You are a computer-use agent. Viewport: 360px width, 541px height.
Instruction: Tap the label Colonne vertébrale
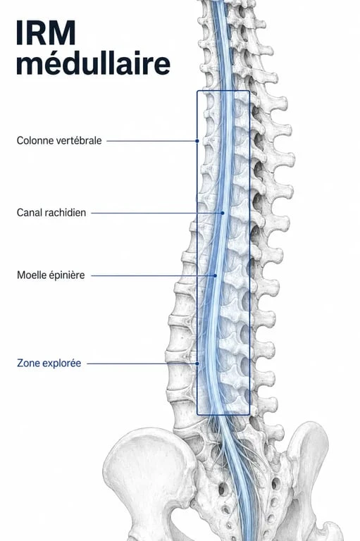coord(59,140)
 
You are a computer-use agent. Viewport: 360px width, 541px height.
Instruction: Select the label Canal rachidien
coord(51,213)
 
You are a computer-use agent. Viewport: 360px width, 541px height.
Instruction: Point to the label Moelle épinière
coord(51,275)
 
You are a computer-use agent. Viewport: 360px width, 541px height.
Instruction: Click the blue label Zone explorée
coord(49,363)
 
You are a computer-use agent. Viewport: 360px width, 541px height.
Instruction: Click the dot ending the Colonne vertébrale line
coord(197,141)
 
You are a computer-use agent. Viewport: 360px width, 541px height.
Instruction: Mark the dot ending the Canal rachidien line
coord(223,213)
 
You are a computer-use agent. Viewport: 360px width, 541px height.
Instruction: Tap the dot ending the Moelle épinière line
coord(216,275)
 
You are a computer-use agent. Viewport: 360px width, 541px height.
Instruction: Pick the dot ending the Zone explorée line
coord(197,363)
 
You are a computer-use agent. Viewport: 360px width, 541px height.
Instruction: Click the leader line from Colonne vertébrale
coord(151,141)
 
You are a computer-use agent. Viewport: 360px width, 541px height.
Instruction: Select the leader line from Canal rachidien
coord(156,213)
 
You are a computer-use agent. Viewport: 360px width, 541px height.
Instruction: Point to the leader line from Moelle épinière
coord(153,275)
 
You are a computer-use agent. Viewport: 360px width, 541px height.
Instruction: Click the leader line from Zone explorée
coord(142,363)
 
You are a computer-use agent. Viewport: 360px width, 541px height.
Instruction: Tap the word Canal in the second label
coord(27,213)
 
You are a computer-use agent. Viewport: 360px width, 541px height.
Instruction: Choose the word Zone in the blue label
coord(27,363)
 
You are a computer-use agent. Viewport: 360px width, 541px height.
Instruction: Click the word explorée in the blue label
coord(61,363)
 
